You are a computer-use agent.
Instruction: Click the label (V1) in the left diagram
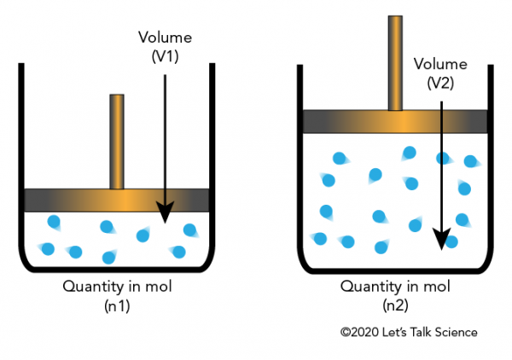[165, 57]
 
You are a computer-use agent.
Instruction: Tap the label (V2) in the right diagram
[440, 84]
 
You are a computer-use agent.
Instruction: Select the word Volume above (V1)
[165, 38]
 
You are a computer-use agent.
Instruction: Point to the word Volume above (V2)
[440, 64]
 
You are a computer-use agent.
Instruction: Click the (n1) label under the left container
[117, 306]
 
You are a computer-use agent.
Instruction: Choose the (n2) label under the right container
[395, 305]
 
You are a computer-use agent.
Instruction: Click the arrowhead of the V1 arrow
[165, 212]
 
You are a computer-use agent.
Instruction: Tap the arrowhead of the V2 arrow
[441, 239]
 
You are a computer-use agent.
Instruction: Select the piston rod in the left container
[117, 142]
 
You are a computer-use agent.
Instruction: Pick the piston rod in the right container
[395, 63]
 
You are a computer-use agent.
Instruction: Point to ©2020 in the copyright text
[359, 332]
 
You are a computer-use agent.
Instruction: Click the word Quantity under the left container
[92, 287]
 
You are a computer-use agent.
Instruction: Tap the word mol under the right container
[437, 287]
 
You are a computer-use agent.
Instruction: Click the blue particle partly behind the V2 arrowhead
[452, 242]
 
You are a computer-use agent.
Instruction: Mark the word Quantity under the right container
[370, 287]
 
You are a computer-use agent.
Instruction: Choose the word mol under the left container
[159, 287]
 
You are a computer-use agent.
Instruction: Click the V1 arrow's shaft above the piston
[165, 131]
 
